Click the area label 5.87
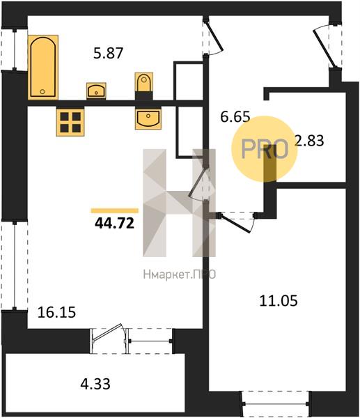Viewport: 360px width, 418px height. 108,53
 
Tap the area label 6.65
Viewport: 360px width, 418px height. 235,117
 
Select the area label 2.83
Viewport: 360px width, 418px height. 309,141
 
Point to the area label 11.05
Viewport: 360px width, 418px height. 279,301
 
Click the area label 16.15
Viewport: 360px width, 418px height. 57,312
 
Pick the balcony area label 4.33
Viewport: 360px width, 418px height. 95,384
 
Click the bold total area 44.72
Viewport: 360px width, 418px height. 114,223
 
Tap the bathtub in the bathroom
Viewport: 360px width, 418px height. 43,67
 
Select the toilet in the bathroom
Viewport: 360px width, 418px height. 144,86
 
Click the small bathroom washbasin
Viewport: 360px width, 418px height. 96,91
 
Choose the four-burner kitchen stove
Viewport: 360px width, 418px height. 70,122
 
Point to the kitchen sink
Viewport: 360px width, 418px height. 148,118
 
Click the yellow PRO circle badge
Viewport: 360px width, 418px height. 264,149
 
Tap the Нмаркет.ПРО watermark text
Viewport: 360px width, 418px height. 180,274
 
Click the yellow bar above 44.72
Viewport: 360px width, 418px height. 115,211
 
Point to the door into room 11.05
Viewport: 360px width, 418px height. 237,222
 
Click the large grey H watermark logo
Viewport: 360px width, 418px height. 180,203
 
